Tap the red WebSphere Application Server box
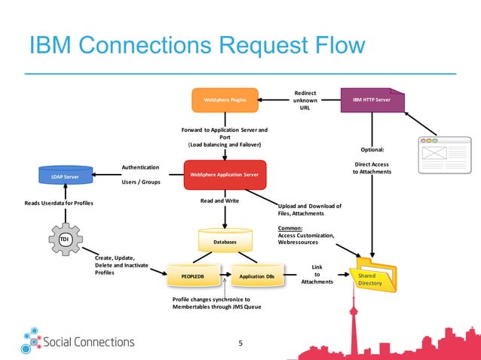click(x=225, y=175)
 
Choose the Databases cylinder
click(x=225, y=241)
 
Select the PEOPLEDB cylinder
click(x=193, y=276)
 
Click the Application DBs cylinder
click(x=256, y=276)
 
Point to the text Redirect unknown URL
click(x=305, y=100)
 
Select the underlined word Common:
click(x=290, y=227)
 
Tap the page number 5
click(x=240, y=343)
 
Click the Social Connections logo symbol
click(x=32, y=340)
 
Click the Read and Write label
click(x=219, y=201)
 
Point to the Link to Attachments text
click(x=317, y=274)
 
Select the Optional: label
click(x=372, y=149)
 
